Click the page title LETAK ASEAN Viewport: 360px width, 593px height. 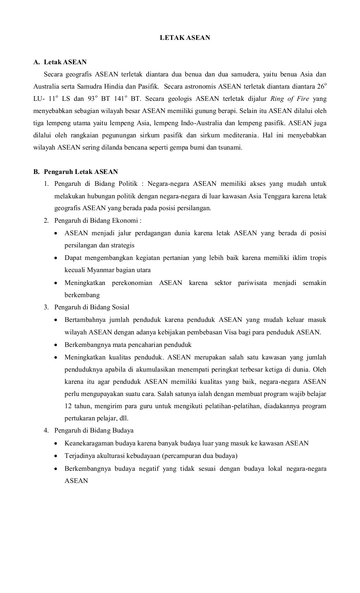tap(185, 38)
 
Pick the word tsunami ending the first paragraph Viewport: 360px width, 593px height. tap(230, 148)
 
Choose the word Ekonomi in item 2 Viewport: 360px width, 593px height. tap(126, 220)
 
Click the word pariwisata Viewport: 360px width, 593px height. tap(252, 283)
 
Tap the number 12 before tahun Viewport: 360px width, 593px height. tap(68, 406)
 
